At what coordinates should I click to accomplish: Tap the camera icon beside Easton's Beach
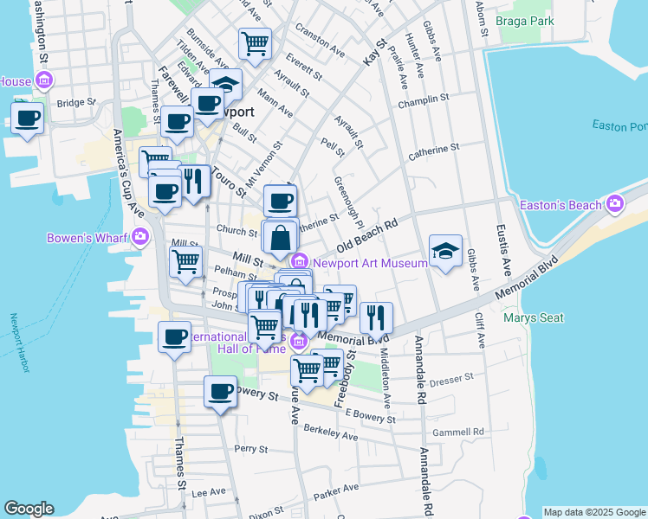616,205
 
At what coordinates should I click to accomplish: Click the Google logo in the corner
29,509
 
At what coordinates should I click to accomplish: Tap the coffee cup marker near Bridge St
27,119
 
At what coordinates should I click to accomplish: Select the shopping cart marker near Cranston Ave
255,43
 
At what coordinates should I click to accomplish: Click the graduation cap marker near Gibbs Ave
445,252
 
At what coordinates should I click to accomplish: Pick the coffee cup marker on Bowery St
220,392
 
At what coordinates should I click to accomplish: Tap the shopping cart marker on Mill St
186,262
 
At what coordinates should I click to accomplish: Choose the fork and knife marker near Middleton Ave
376,317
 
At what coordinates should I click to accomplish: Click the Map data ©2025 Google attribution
594,511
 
